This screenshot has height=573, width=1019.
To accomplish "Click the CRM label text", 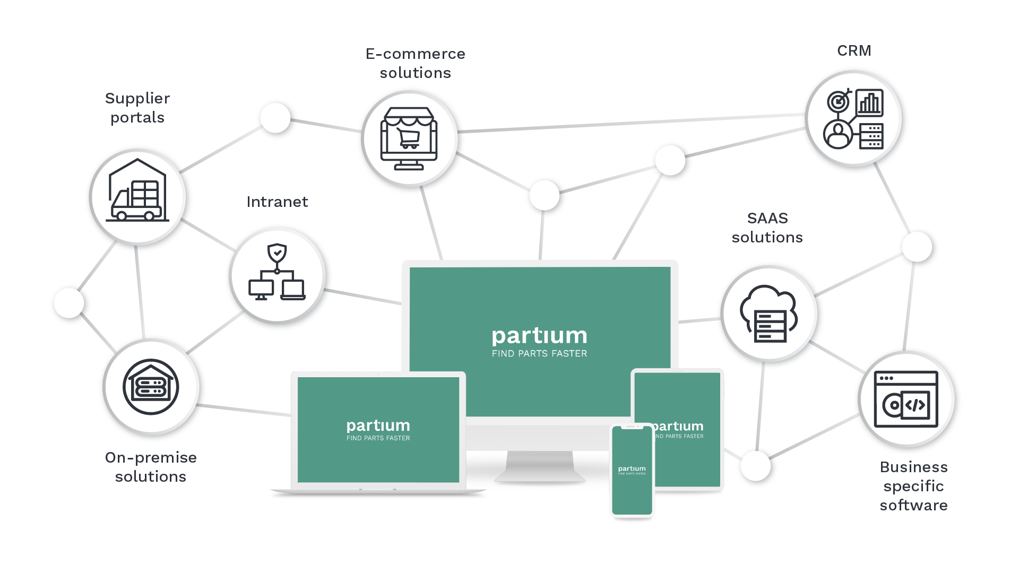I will [853, 51].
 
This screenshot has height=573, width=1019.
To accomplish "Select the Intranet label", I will [277, 202].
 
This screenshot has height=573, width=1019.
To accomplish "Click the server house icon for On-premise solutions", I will [151, 387].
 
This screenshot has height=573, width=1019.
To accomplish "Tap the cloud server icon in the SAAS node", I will [769, 315].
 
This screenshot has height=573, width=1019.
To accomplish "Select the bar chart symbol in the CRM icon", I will [869, 102].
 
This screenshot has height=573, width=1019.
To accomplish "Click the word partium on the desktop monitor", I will [539, 336].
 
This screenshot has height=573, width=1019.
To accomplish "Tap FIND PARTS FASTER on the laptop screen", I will [378, 438].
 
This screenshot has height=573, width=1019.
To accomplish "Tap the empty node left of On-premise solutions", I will [69, 303].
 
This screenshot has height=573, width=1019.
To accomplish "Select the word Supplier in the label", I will [137, 99].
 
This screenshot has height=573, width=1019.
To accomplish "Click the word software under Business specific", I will [913, 506].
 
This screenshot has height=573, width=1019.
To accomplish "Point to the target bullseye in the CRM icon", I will [838, 101].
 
